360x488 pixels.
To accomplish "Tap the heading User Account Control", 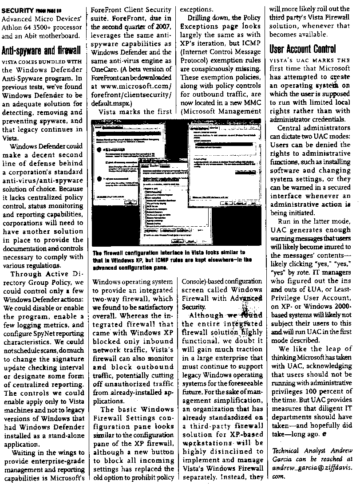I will click(302, 49).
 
